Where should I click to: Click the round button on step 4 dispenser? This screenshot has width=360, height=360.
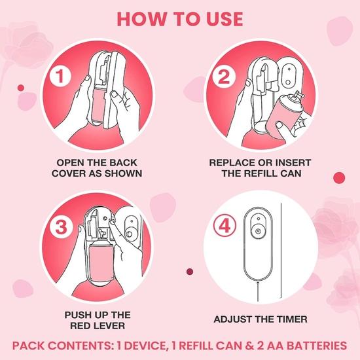[259, 231]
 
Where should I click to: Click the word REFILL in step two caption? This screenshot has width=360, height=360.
[267, 173]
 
